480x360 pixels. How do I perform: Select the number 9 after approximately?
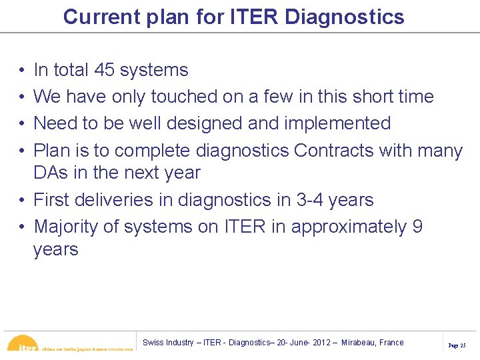coord(417,227)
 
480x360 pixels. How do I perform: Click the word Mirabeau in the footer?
coord(358,343)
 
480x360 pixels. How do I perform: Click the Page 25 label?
coord(457,346)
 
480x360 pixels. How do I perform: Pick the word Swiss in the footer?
coord(154,343)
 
